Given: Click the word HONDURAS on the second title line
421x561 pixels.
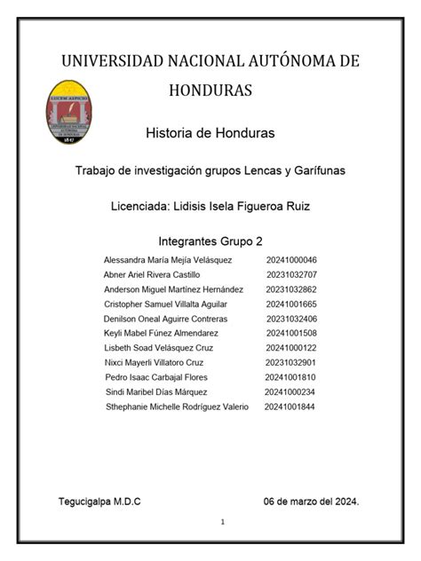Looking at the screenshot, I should click(x=210, y=90).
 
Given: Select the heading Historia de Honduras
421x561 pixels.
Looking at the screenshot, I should click(x=210, y=133).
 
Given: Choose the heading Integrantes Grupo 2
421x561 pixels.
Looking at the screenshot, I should click(x=210, y=241).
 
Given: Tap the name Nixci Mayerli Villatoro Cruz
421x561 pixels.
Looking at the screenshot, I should click(x=155, y=362).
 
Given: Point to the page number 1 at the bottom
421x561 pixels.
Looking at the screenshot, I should click(x=224, y=521).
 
